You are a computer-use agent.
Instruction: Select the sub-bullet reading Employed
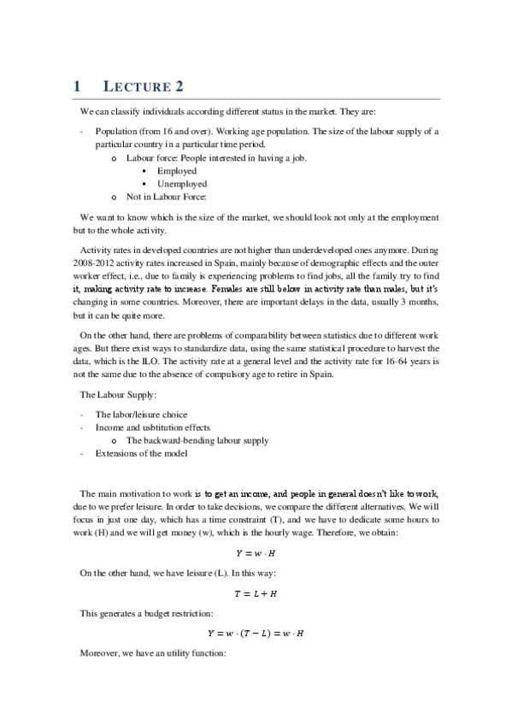click(x=176, y=171)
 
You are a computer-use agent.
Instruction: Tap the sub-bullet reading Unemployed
click(x=181, y=184)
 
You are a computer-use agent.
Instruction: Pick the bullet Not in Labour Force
click(x=167, y=197)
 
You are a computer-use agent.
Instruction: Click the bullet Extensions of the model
click(x=141, y=453)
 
